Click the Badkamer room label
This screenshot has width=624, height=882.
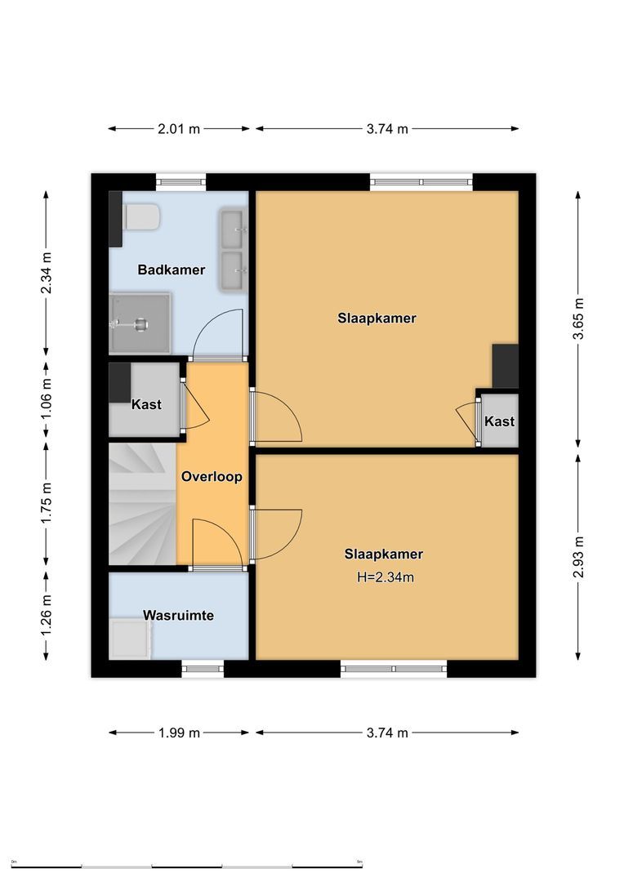coord(171,269)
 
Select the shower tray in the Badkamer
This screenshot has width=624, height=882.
coord(140,323)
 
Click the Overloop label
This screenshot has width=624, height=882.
coord(212,477)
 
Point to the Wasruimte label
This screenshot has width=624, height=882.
coord(178,615)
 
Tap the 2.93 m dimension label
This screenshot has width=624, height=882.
coord(578,556)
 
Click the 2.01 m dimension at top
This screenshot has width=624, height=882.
coord(179,128)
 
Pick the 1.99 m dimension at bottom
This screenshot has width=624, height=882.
coord(179,733)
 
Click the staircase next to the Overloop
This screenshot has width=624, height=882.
coord(142,503)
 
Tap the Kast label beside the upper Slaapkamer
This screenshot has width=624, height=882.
coord(499,421)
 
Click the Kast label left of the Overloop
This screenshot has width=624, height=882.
coord(146,404)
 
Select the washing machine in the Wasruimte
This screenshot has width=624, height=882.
coord(129,638)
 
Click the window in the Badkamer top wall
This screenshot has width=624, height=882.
coord(181,181)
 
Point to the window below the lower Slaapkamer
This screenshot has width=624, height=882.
coord(394,669)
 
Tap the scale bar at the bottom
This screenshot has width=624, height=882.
coord(187,865)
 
